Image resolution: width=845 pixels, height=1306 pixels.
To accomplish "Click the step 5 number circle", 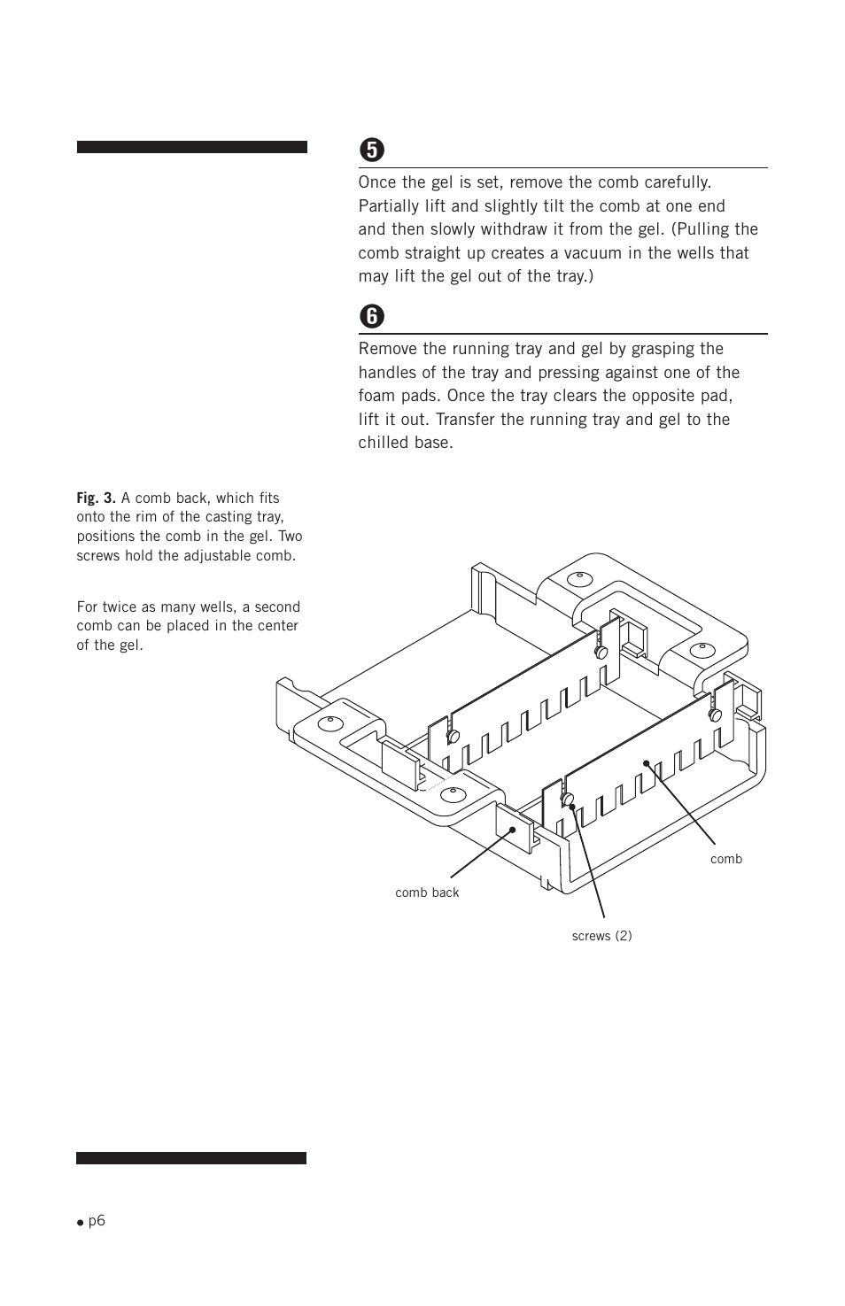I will pos(372,150).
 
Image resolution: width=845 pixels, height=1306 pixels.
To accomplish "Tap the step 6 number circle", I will pos(372,316).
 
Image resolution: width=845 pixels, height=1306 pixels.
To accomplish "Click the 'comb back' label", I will pos(427,893).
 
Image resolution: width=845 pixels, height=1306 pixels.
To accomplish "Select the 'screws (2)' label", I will pos(601,936).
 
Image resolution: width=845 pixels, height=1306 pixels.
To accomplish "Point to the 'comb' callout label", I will pos(726,859).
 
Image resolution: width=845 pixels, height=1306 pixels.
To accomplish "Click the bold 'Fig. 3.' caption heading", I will pos(96,498).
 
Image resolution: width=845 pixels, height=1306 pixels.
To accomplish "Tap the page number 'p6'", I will pos(97,1220).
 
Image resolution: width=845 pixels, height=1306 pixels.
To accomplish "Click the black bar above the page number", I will pos(191,1158).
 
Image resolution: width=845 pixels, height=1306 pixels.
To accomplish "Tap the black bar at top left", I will pos(191,147).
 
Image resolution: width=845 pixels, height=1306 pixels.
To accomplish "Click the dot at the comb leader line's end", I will pos(647,762).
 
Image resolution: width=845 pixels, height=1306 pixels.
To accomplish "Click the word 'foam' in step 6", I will pos(376,396).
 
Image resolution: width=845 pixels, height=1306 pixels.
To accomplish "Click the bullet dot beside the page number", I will pos(80,1222).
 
